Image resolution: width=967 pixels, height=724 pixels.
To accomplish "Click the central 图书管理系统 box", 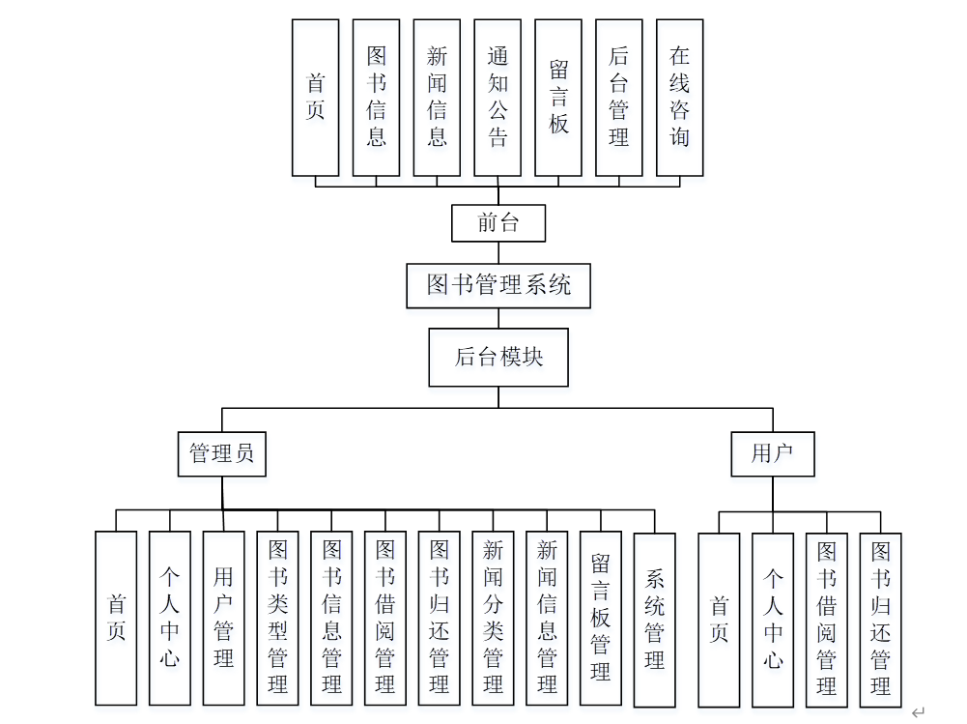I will pos(498,285).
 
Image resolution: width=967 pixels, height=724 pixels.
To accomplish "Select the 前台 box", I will pos(498,222).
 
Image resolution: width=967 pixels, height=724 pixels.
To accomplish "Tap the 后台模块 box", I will pos(498,357).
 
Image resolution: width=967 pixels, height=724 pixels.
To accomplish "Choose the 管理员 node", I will pos(222,453).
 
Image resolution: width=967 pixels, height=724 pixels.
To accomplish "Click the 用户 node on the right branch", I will pos(771,453).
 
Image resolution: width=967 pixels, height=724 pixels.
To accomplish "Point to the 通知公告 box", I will pos(498,97).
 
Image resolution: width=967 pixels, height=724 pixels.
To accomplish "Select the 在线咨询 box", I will pos(680,97).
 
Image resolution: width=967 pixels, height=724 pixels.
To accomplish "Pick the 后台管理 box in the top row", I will pos(619,97).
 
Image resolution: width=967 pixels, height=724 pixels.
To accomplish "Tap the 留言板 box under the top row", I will pos(558,97).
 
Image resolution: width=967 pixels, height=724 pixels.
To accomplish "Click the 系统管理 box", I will pos(655,619).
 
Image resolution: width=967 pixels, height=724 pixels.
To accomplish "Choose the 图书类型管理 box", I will pos(278,619).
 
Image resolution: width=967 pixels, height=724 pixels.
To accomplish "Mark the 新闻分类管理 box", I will pos(494,619).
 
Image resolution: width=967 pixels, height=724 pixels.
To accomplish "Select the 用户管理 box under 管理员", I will pos(224,619).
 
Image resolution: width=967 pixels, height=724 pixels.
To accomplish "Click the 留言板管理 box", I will pos(601,619).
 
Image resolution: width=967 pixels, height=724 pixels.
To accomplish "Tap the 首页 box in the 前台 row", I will pos(316,97).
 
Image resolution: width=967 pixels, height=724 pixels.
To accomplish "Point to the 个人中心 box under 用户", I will pos(773,619).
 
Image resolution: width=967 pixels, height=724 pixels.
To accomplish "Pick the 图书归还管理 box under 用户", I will pos(880,619).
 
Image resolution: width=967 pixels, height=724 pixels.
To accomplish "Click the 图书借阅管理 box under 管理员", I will pos(385,619).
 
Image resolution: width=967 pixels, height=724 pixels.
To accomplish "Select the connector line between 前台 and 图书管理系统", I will pos(498,253).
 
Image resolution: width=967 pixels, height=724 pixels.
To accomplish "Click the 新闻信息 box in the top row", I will pos(437,97).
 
